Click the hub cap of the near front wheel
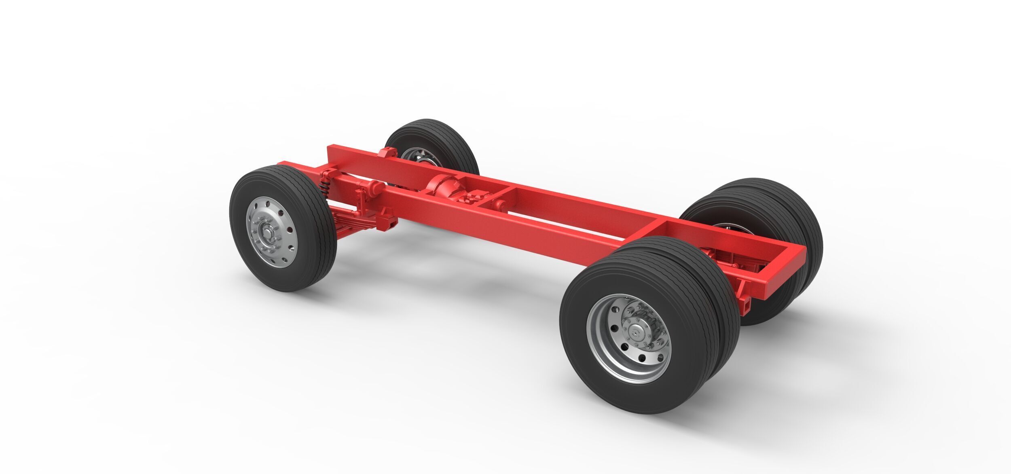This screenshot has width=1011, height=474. tap(267, 233)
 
